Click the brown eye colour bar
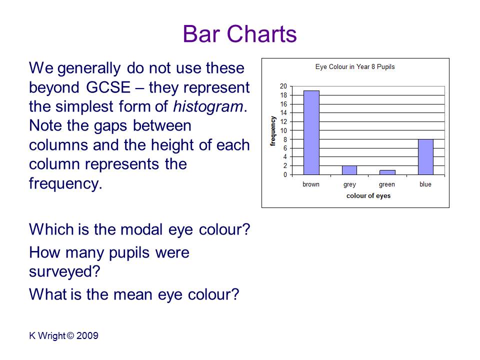pyautogui.click(x=311, y=132)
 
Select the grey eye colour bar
pyautogui.click(x=349, y=170)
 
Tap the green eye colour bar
pyautogui.click(x=387, y=172)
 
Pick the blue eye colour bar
pyautogui.click(x=425, y=157)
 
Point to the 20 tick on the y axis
pyautogui.click(x=283, y=86)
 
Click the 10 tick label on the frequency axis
pyautogui.click(x=283, y=130)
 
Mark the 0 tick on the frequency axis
pyautogui.click(x=285, y=175)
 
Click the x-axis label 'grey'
pyautogui.click(x=349, y=184)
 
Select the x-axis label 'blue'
pyautogui.click(x=425, y=184)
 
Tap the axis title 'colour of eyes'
pyautogui.click(x=368, y=196)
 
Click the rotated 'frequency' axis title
pyautogui.click(x=272, y=130)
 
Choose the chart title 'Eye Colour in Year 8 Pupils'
pyautogui.click(x=355, y=66)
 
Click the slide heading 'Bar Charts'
pyautogui.click(x=239, y=33)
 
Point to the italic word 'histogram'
pyautogui.click(x=208, y=107)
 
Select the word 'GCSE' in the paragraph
pyautogui.click(x=108, y=87)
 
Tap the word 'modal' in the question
pyautogui.click(x=141, y=229)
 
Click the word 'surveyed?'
pyautogui.click(x=64, y=272)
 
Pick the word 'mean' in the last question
pyautogui.click(x=133, y=295)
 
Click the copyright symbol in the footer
pyautogui.click(x=70, y=335)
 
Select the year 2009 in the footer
pyautogui.click(x=87, y=335)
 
